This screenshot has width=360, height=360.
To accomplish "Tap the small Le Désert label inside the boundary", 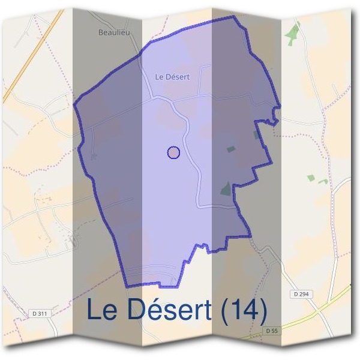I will pyautogui.click(x=172, y=76).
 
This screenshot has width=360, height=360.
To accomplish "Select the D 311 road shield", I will pyautogui.click(x=40, y=313).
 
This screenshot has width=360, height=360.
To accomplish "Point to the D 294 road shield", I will pyautogui.click(x=304, y=294).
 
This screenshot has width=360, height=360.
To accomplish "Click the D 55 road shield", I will pyautogui.click(x=272, y=331).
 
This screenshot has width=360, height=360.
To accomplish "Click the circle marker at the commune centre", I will pyautogui.click(x=173, y=152).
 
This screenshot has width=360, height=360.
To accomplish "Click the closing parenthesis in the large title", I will pyautogui.click(x=262, y=311).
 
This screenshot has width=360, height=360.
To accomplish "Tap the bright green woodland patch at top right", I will pyautogui.click(x=292, y=33).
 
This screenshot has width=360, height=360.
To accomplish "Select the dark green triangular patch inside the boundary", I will pyautogui.click(x=226, y=189).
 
